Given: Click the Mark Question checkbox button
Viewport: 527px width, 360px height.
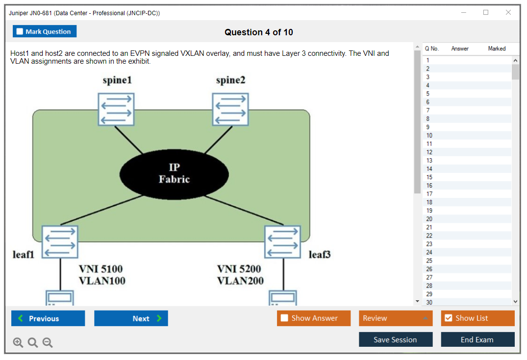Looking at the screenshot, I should [45, 31].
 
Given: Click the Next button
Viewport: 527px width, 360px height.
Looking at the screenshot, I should [131, 318].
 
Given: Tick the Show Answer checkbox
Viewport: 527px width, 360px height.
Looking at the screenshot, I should [284, 318].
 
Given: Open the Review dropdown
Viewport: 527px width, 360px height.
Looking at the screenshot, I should [396, 318].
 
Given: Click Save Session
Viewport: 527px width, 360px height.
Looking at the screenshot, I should [395, 339].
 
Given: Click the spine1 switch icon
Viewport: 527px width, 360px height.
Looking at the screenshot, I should [116, 109].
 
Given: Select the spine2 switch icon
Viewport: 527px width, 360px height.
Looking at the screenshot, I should [230, 109].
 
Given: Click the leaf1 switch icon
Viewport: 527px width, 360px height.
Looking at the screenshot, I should [59, 242].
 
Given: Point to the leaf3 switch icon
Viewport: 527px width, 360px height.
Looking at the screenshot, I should [283, 242].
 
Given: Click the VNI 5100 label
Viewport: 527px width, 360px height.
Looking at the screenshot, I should [101, 269].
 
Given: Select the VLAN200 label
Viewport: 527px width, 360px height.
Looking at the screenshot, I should [240, 281].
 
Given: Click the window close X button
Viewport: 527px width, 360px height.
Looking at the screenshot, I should [508, 13].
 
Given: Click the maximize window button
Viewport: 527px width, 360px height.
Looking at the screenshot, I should [486, 13].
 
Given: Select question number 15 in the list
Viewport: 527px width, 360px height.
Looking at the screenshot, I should [429, 177].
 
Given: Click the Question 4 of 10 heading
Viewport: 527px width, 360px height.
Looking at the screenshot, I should [259, 32].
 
